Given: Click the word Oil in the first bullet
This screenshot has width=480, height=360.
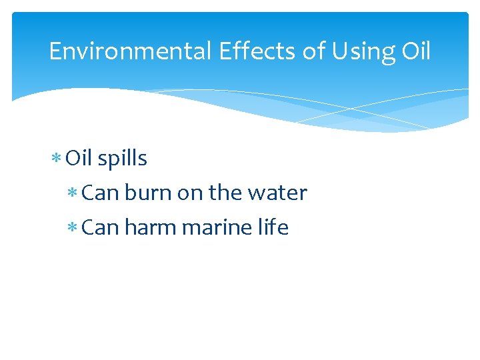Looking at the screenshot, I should point(79,159).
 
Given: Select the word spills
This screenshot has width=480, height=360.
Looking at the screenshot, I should point(122,159).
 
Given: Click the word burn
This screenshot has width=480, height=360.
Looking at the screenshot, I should point(148,193).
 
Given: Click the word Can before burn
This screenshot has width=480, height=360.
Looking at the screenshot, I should point(100,193).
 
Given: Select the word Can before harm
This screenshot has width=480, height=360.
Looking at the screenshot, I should point(100,228).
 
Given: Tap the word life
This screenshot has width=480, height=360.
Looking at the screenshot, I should point(273,228).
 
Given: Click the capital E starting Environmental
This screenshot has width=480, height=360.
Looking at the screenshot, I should point(55,51).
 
